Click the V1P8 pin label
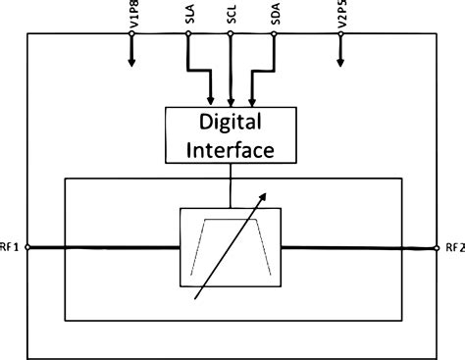click(130, 17)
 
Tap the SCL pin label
click(230, 17)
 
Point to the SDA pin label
click(275, 17)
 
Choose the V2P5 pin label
click(342, 17)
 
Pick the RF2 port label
click(453, 247)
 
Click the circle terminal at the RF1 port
click(27, 247)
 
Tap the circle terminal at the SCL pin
click(230, 35)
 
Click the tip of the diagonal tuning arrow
click(267, 192)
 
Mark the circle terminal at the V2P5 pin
click(342, 35)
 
